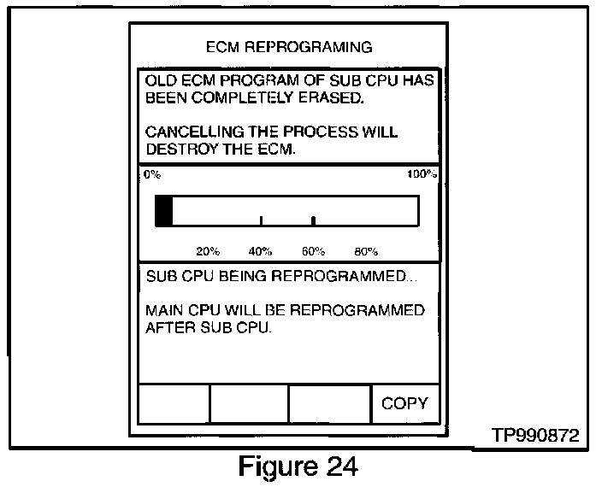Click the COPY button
coord(404,403)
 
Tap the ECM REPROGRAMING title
coord(291,46)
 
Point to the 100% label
coord(422,174)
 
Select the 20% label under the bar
coord(208,251)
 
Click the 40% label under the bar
coord(260,251)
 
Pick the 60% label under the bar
coord(313,251)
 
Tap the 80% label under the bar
coord(365,251)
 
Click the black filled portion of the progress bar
coord(163,210)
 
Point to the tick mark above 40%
coord(261,220)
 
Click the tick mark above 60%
coord(313,220)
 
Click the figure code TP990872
coord(535,436)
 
